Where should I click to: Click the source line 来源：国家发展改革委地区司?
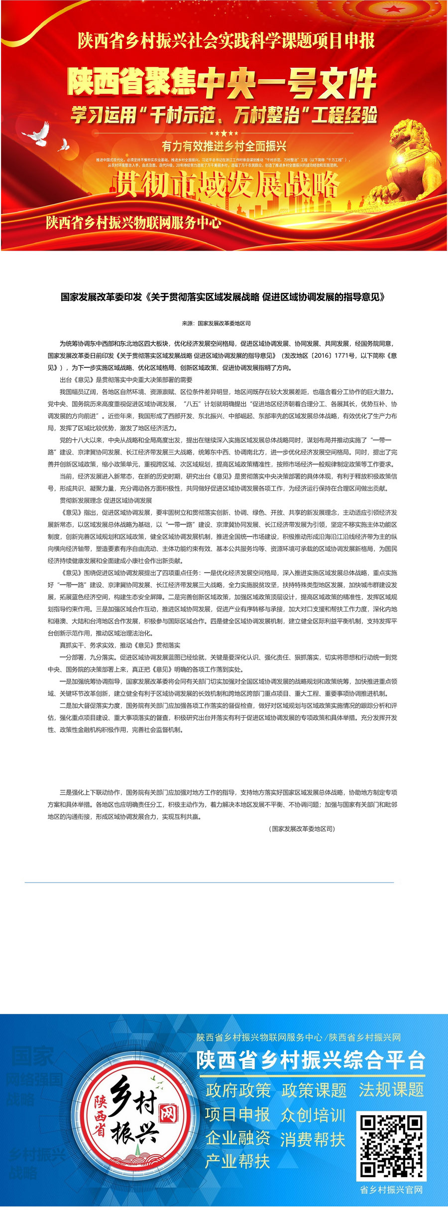point(217,323)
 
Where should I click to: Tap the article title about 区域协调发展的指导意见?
point(224,297)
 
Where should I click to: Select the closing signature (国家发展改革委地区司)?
point(302,829)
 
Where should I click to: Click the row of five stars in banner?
point(224,133)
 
